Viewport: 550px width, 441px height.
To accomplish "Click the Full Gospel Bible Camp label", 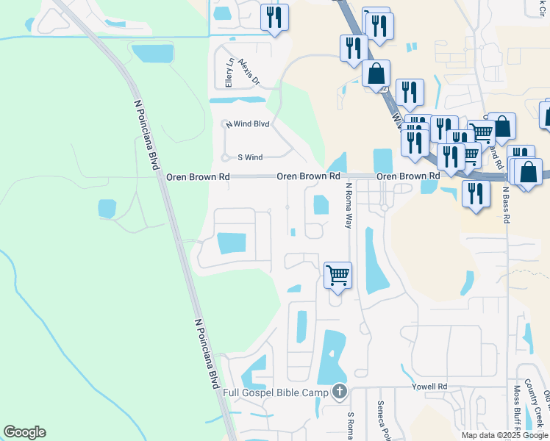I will pyautogui.click(x=278, y=392).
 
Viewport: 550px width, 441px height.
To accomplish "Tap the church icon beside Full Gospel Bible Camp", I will pyautogui.click(x=339, y=391).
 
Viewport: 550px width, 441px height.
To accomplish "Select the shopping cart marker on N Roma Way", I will pyautogui.click(x=337, y=276).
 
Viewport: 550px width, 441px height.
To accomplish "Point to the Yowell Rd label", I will pyautogui.click(x=430, y=387).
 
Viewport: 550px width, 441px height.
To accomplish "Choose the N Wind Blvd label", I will pyautogui.click(x=248, y=124).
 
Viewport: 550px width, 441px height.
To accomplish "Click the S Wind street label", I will pyautogui.click(x=249, y=157).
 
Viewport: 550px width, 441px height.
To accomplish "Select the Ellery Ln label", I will pyautogui.click(x=229, y=71).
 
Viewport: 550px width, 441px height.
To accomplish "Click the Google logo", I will pyautogui.click(x=24, y=432).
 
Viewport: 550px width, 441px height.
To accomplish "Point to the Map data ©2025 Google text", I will pyautogui.click(x=504, y=435).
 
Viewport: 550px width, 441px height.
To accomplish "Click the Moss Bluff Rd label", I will pyautogui.click(x=518, y=409).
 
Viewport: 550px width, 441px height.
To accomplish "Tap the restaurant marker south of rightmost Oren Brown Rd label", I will pyautogui.click(x=476, y=193).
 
